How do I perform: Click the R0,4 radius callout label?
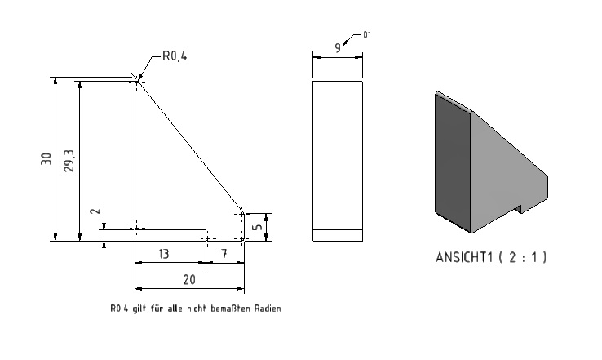[175, 56]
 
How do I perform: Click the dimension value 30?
[46, 158]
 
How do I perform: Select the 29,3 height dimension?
[69, 161]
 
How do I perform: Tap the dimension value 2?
[95, 211]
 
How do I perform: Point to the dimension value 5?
[258, 227]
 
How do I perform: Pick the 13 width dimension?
[164, 254]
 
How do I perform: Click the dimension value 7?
[224, 254]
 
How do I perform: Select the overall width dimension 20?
[189, 280]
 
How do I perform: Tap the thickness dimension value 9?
[338, 48]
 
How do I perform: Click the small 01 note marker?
[367, 35]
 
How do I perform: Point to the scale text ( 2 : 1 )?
[522, 257]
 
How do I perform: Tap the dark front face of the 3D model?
[453, 162]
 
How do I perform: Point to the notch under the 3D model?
[517, 209]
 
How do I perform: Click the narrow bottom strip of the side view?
[338, 236]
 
